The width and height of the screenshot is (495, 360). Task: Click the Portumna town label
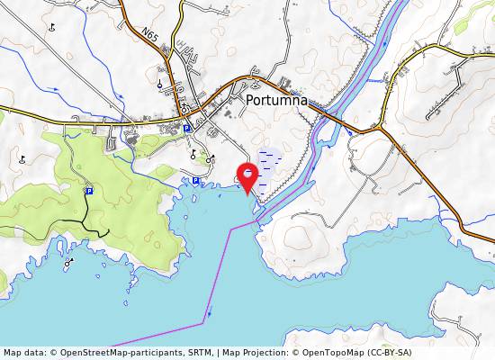pos(276,102)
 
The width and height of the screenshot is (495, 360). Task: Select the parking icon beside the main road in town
pos(186,129)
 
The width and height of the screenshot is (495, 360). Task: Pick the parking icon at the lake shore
pos(195,181)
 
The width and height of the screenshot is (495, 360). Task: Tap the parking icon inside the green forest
pos(89,191)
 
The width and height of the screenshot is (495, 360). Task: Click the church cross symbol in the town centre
pos(183,106)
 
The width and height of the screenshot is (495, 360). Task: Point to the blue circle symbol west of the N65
pos(159,85)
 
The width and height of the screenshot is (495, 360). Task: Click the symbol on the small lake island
pos(68,264)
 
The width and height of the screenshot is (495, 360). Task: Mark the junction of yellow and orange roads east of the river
pos(380,128)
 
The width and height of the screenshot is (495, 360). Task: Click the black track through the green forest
pos(85,221)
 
